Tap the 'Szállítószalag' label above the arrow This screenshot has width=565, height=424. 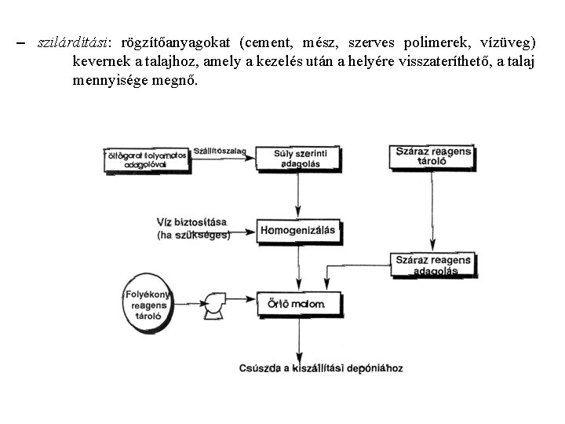point(221,149)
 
